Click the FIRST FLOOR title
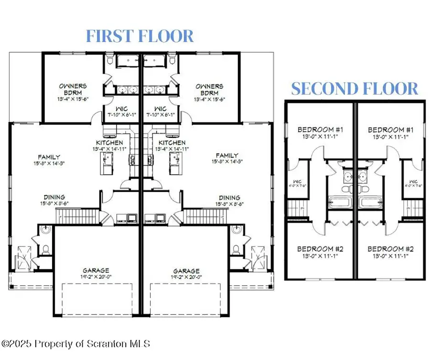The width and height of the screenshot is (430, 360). pyautogui.click(x=140, y=36)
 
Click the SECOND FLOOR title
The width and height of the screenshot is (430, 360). pyautogui.click(x=355, y=88)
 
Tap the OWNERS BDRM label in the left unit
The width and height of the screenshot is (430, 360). pyautogui.click(x=73, y=89)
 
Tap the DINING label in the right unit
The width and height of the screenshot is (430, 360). pyautogui.click(x=229, y=197)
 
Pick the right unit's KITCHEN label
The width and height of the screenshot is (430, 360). pyautogui.click(x=172, y=143)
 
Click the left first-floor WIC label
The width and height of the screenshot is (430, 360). pyautogui.click(x=117, y=108)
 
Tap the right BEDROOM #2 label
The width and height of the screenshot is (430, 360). pyautogui.click(x=390, y=249)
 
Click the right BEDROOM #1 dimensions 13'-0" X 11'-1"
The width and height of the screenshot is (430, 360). pyautogui.click(x=390, y=137)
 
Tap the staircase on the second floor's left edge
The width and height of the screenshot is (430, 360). pyautogui.click(x=295, y=208)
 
